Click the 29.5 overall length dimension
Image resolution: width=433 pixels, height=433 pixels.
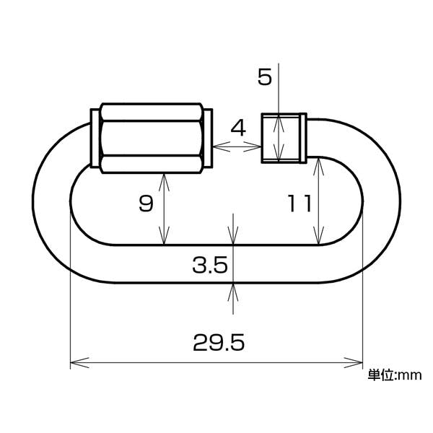pos(219,343)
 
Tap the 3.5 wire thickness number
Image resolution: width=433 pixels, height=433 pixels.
pos(210,265)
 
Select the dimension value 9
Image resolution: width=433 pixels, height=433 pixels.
pos(146,204)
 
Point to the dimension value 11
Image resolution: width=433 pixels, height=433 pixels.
pos(299,204)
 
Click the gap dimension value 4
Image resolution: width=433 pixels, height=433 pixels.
pos(238,128)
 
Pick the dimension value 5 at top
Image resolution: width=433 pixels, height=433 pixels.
pos(265,76)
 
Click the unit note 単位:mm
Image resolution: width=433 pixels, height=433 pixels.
pos(395,375)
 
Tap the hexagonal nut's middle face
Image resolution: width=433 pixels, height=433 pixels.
pos(152,138)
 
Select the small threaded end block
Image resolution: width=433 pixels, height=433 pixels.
pos(281,138)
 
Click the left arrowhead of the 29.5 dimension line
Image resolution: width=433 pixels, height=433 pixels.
pos(79,362)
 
